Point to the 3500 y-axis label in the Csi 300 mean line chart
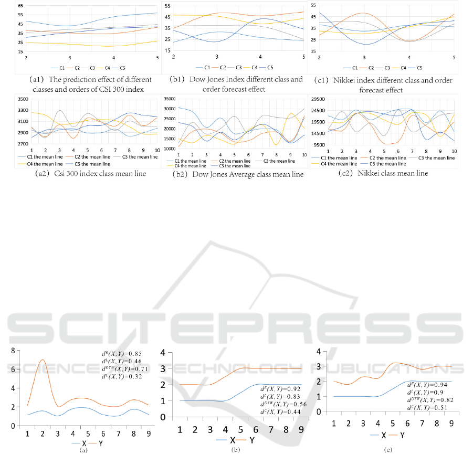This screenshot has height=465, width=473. pyautogui.click(x=23, y=99)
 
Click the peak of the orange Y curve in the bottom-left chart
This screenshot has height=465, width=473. pyautogui.click(x=43, y=360)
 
